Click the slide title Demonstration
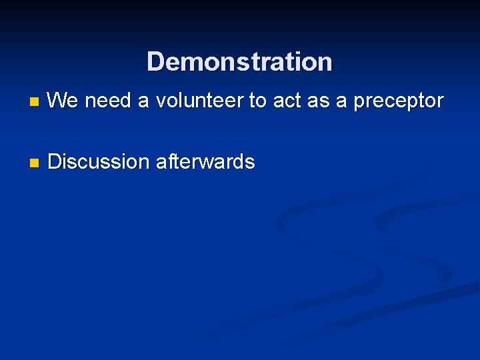point(239,61)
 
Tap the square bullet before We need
point(34,102)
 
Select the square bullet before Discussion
point(34,163)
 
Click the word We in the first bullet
point(63,101)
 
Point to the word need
point(109,101)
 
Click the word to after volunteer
point(257,101)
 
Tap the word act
point(287,101)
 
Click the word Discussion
point(99,161)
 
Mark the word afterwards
point(205,161)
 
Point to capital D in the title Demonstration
point(155,61)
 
